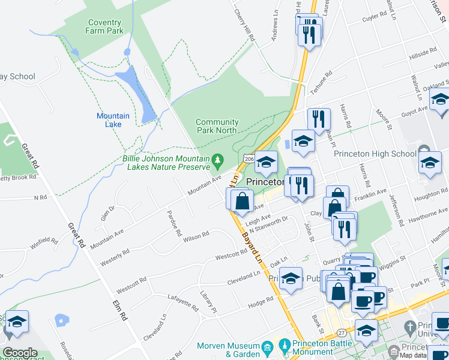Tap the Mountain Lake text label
click(x=113, y=120)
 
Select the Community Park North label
click(x=217, y=126)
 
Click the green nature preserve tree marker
click(x=218, y=160)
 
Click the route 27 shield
click(x=342, y=332)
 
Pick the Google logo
click(x=20, y=353)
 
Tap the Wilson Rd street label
click(x=196, y=236)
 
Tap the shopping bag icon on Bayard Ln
click(x=242, y=201)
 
